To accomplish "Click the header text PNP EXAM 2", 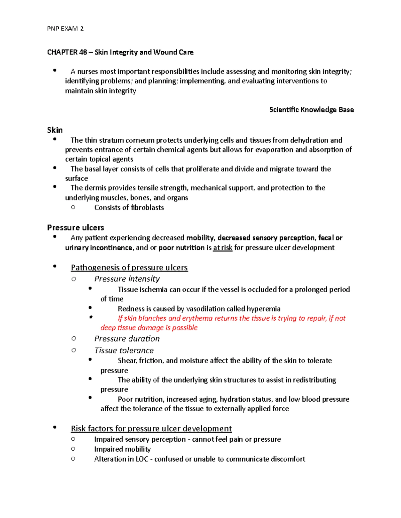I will (x=65, y=29).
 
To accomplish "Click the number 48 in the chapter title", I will (x=83, y=52).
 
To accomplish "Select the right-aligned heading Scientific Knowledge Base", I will (x=311, y=110).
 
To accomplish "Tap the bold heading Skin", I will (x=55, y=130).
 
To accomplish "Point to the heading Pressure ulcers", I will (x=76, y=227).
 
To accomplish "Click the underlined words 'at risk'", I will (x=223, y=247).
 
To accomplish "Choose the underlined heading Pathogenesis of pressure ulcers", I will (x=129, y=268).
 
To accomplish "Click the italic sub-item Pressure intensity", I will (x=127, y=279).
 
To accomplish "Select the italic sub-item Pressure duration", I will (x=127, y=339).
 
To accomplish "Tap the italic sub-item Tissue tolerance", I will (x=124, y=350).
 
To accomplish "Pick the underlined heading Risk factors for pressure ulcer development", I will (x=151, y=429).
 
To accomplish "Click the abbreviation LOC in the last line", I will (x=142, y=459).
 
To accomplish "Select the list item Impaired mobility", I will (x=122, y=449).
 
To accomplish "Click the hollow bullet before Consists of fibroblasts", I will (x=73, y=207).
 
